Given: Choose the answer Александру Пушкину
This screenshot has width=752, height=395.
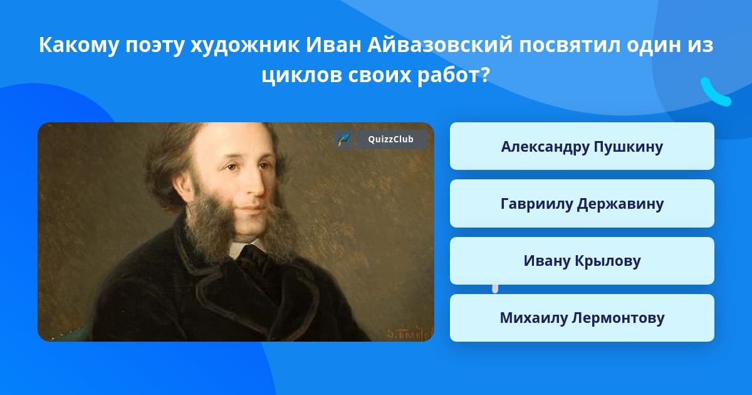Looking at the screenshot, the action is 582,146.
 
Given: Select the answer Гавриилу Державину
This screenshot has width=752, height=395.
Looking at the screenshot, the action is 582,204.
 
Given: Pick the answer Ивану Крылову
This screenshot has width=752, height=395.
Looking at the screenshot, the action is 582,261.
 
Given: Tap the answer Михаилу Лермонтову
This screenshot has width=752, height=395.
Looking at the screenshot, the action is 582,318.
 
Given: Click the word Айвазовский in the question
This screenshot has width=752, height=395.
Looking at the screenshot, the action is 440,45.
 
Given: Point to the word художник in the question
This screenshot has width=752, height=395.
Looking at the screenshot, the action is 245,45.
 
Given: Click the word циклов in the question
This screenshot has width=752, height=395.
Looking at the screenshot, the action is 303,75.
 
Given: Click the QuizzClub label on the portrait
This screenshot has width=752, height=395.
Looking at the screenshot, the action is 390,139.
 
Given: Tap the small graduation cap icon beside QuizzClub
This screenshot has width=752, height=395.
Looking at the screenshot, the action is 344,139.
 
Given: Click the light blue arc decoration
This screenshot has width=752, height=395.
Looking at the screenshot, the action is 714,93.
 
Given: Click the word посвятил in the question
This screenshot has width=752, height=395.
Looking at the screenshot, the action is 570,45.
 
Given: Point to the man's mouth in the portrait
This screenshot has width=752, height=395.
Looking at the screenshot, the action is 253,209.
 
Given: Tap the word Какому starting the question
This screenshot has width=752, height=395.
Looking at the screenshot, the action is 78,45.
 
